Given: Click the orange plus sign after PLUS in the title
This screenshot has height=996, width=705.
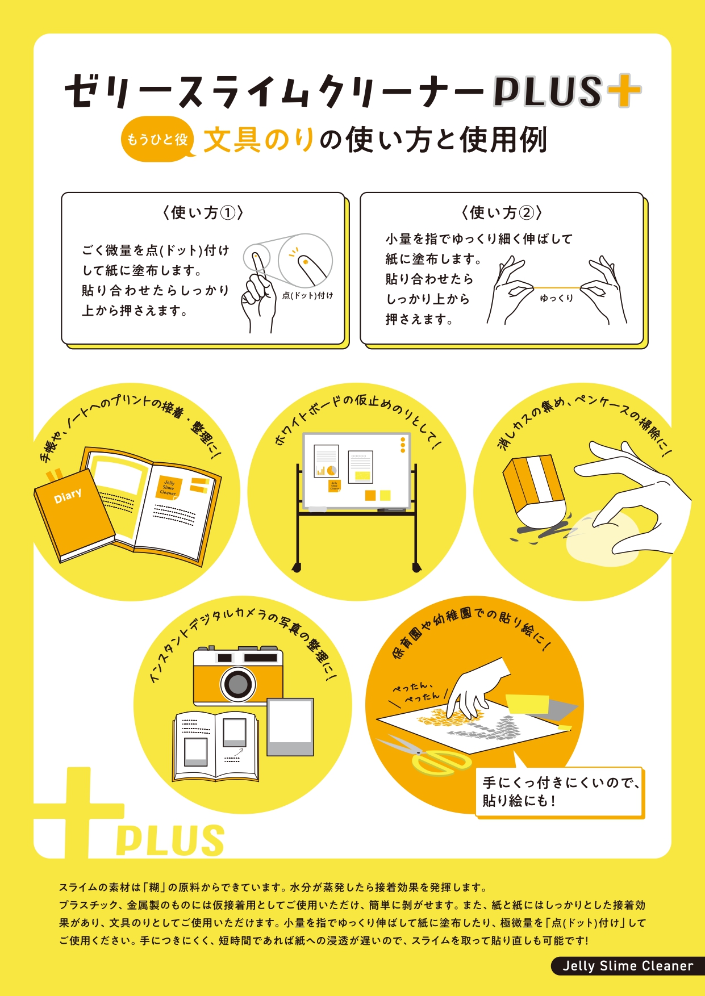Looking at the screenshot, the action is coord(623,90).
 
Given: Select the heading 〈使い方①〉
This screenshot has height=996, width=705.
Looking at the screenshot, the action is coord(203,213).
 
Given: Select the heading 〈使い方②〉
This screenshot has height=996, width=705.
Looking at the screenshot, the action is coord(502,213).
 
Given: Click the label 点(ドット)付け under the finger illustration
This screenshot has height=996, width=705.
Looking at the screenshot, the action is coord(307,295).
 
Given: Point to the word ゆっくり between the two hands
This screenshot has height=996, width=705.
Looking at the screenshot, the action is coord(556,298).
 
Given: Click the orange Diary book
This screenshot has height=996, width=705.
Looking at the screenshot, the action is coord(74,514).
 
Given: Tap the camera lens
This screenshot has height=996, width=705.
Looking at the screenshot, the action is coord(237,684).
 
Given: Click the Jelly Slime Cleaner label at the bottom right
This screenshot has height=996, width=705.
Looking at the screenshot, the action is coord(628,966).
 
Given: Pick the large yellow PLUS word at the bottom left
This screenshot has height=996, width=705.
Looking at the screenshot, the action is coord(170,841).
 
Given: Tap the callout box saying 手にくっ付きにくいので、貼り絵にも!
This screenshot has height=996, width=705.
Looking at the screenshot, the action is coord(559,792).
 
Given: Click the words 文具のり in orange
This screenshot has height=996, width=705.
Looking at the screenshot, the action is coord(259,140).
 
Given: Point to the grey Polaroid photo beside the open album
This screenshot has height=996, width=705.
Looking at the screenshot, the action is coord(290,727).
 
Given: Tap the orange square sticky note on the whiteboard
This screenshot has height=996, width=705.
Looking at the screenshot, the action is coord(370,495).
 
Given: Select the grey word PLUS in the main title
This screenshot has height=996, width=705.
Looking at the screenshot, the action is coord(547,91).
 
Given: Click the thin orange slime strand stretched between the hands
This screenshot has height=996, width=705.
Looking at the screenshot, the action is coord(556,288).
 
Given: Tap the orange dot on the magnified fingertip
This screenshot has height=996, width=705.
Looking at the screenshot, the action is coord(305,262).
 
